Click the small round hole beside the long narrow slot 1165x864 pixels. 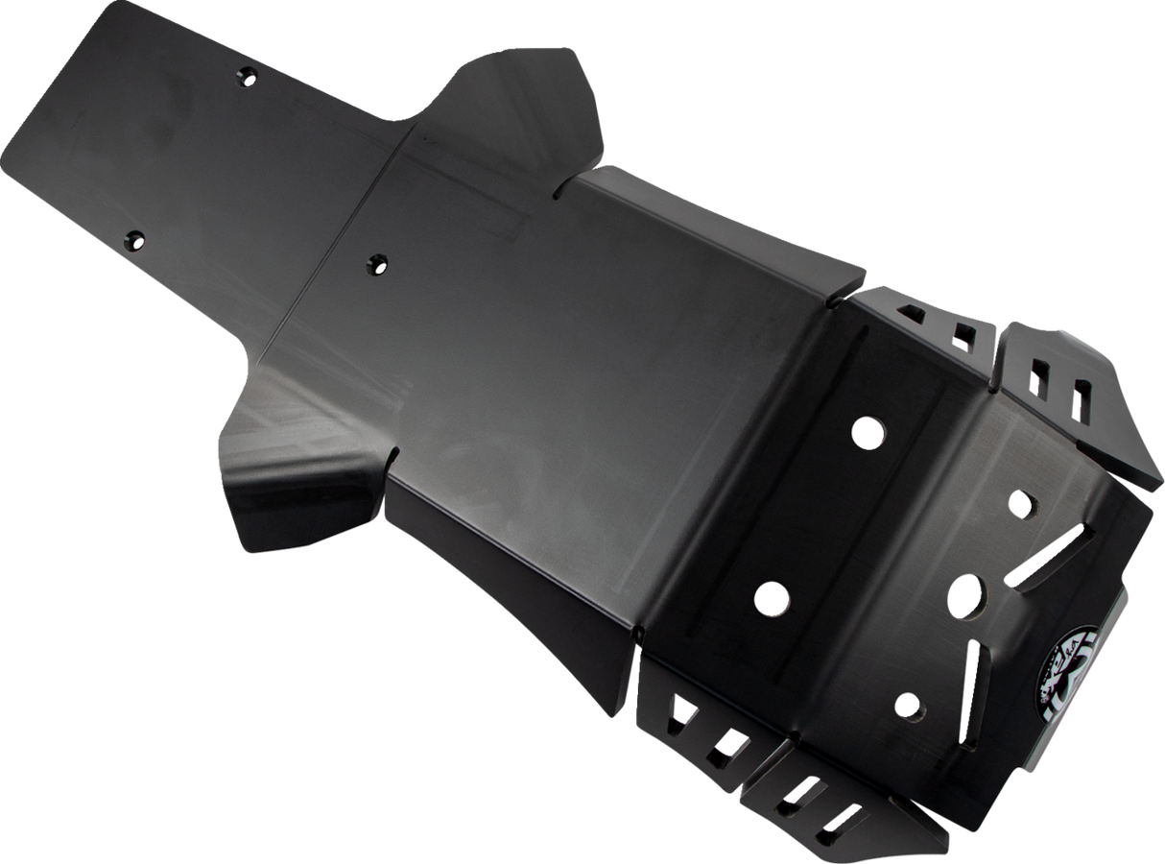[x=907, y=708]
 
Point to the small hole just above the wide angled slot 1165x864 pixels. [x=1019, y=502]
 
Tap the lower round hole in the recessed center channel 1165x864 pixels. [x=772, y=598]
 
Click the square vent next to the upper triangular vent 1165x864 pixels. [x=960, y=335]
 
